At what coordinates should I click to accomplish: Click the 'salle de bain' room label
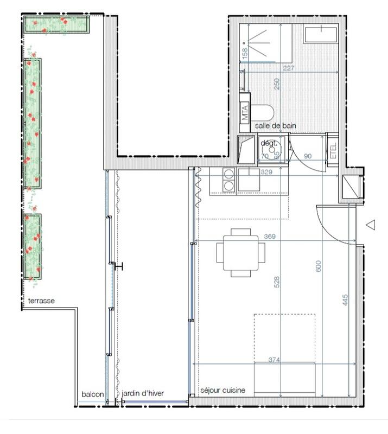coord(276,126)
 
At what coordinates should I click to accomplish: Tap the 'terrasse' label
coord(41,301)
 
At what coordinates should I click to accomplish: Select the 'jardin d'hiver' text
coord(143,394)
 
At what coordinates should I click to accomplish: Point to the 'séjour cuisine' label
coord(222,390)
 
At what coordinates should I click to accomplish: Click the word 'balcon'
coord(92,394)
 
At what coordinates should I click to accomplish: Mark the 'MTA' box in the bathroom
coord(245,113)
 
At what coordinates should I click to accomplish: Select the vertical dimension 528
coord(276,282)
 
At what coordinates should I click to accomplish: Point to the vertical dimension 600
coord(319,266)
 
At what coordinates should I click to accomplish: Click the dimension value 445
coord(345,299)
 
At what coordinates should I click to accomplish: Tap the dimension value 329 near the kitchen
coord(266,173)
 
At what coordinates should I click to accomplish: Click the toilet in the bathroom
coord(264,113)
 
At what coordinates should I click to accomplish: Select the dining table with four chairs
coord(241,252)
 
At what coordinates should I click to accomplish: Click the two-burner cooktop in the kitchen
coord(229,180)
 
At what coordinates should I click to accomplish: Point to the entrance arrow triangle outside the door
coord(371,224)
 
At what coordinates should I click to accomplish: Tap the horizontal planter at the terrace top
coord(56,24)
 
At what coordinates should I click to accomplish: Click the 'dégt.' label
coord(269,143)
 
